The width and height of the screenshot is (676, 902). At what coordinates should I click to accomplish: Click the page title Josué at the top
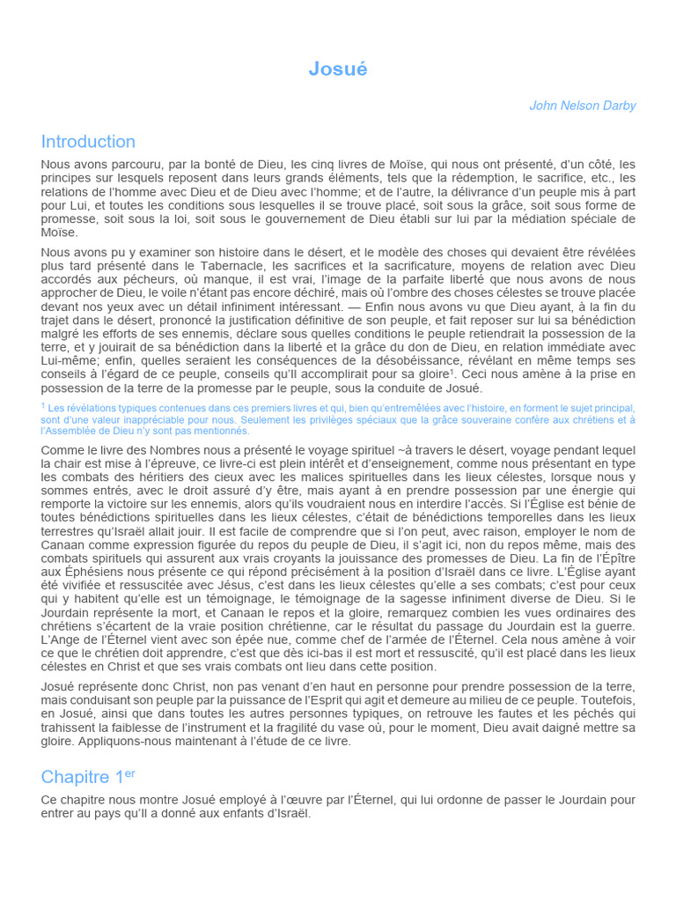click(x=338, y=70)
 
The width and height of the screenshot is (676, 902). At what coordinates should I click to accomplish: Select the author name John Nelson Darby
click(x=582, y=106)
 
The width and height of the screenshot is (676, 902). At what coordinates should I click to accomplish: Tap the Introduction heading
click(x=88, y=142)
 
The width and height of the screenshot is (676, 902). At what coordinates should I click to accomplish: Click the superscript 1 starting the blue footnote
click(x=43, y=405)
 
